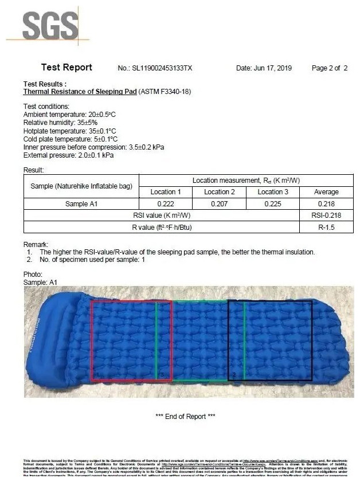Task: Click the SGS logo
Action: click(x=50, y=26)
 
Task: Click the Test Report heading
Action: click(x=66, y=68)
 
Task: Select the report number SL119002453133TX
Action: click(x=163, y=68)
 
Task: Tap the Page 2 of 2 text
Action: click(x=330, y=68)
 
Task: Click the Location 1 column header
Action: click(x=165, y=192)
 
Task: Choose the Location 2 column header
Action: click(x=219, y=192)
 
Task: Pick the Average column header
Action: click(x=326, y=192)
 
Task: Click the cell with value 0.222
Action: click(x=165, y=203)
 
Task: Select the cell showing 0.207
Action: click(x=219, y=203)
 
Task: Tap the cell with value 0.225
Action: click(x=272, y=203)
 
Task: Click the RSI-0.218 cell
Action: click(x=326, y=215)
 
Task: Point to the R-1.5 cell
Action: click(x=326, y=227)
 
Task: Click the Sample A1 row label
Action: click(x=81, y=203)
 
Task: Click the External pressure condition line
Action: click(x=68, y=155)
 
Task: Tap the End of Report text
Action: click(x=185, y=416)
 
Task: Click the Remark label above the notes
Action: click(x=36, y=244)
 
